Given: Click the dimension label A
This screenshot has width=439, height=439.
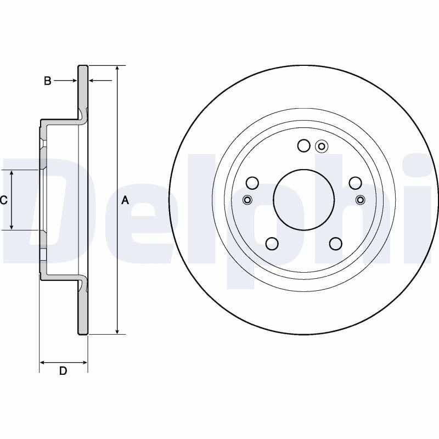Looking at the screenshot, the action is point(125,200).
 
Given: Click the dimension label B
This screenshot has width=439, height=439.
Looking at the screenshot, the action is point(48,81).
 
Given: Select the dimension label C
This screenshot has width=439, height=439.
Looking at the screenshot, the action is point(3,200).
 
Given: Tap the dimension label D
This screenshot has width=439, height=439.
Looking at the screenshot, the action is point(63,371).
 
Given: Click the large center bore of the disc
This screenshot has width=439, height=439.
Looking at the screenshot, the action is point(304,200).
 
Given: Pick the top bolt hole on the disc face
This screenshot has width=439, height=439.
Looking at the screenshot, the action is point(304,145).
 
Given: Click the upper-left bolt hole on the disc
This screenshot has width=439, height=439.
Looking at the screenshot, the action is point(252,183).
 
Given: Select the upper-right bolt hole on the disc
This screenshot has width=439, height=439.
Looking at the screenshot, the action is point(355,183).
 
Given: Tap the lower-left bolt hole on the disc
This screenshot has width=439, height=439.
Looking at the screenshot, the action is point(272,244).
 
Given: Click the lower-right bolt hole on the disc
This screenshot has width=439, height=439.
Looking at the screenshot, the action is point(336,244).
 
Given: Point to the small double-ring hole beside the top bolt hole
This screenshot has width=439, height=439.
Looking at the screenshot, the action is point(322,146).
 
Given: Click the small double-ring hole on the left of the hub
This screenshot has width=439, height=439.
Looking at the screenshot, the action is point(247,200).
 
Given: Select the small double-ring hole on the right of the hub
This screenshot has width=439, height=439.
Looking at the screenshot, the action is point(361,200).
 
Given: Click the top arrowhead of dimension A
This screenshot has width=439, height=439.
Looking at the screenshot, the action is point(118,69).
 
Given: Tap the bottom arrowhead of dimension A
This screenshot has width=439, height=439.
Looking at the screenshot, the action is point(118,331).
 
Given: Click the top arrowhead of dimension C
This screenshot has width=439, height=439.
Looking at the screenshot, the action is point(12,173).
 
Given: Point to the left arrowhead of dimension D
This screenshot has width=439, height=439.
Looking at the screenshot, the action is point(42,363).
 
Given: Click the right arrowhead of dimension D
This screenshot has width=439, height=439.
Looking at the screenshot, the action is point(85,363).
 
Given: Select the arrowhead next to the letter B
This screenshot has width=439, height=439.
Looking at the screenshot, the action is point(75,81).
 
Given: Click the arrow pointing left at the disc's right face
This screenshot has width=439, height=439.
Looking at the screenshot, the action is point(100,81).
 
